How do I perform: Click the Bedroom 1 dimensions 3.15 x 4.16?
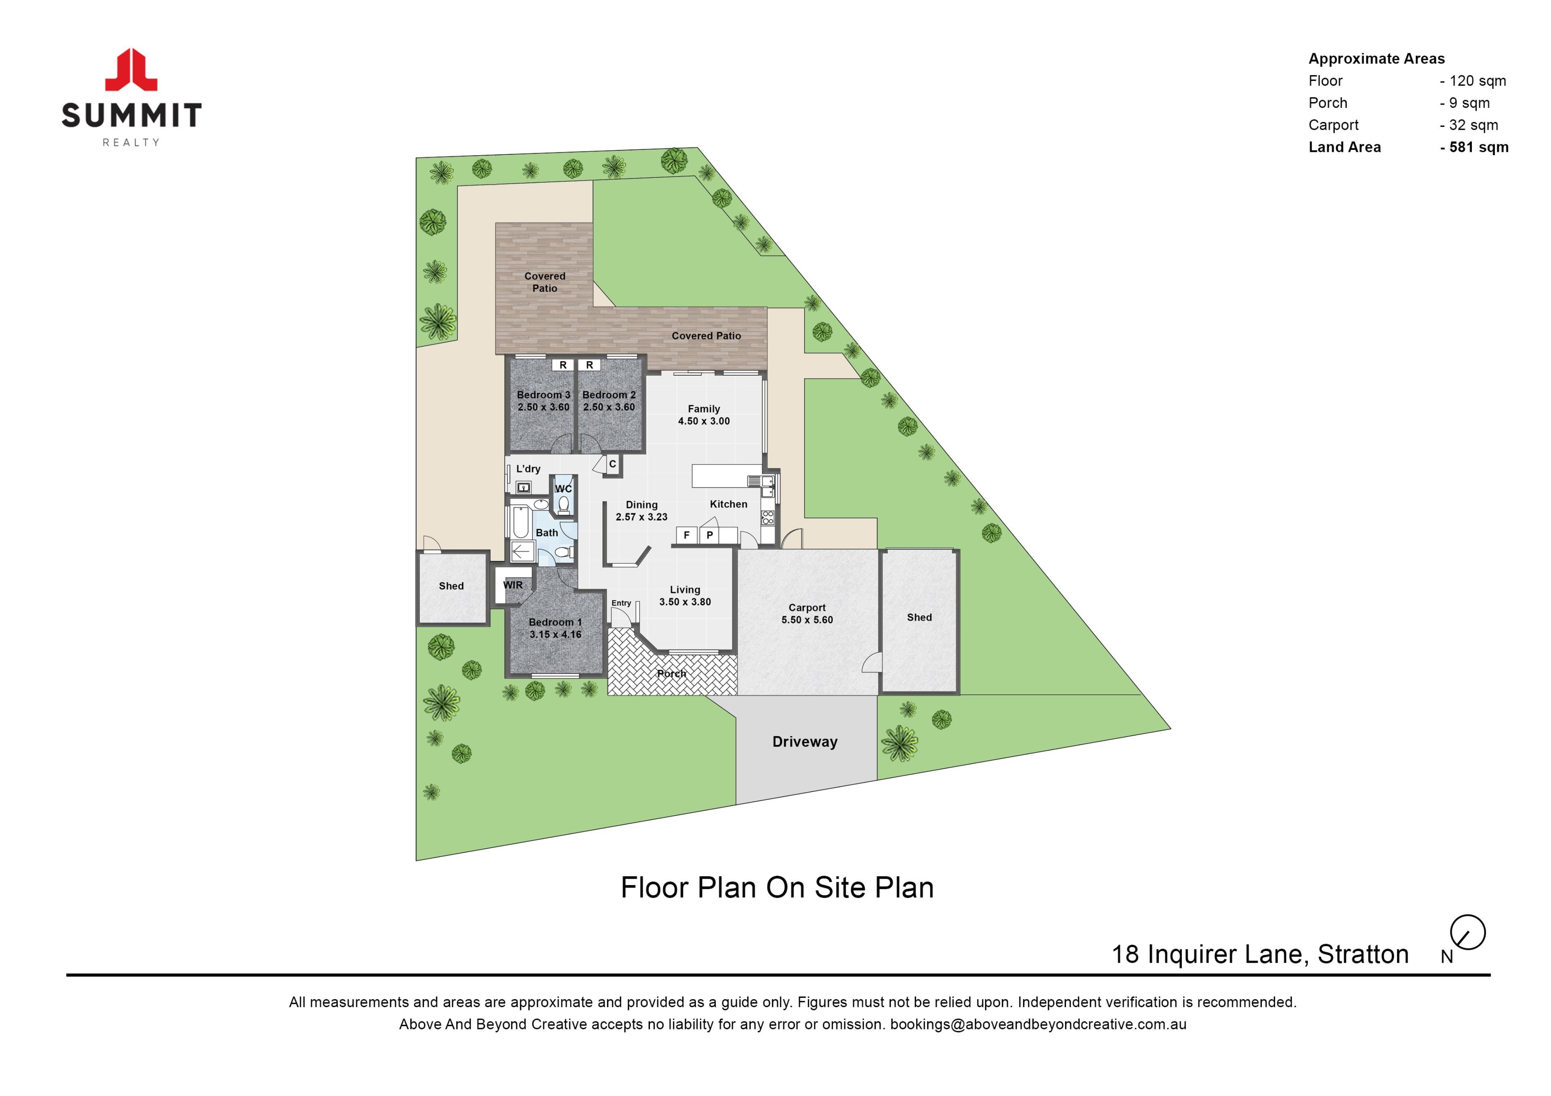coord(555,635)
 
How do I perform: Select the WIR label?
coord(513,585)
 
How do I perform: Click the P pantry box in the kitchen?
coord(709,535)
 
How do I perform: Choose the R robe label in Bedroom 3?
coord(563,365)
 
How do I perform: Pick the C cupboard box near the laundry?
coord(613,464)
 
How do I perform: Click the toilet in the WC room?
coord(563,503)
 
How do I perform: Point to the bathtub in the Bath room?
coord(521,522)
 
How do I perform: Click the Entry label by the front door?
coord(622,603)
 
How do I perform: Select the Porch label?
coord(671,674)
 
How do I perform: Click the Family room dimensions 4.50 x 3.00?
coord(704,421)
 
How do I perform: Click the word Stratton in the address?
coord(1363,954)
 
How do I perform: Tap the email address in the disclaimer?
coord(1038,1024)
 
